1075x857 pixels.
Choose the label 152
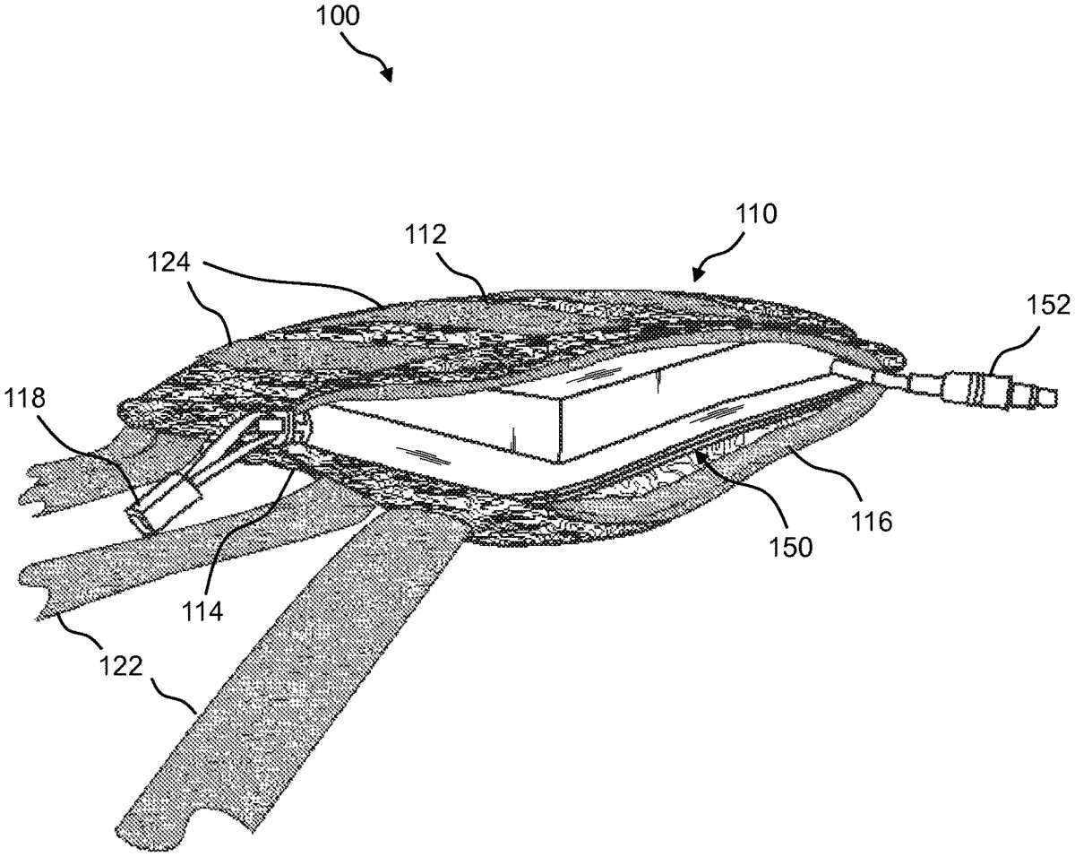(x=1048, y=305)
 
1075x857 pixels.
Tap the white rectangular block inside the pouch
(x=502, y=394)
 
